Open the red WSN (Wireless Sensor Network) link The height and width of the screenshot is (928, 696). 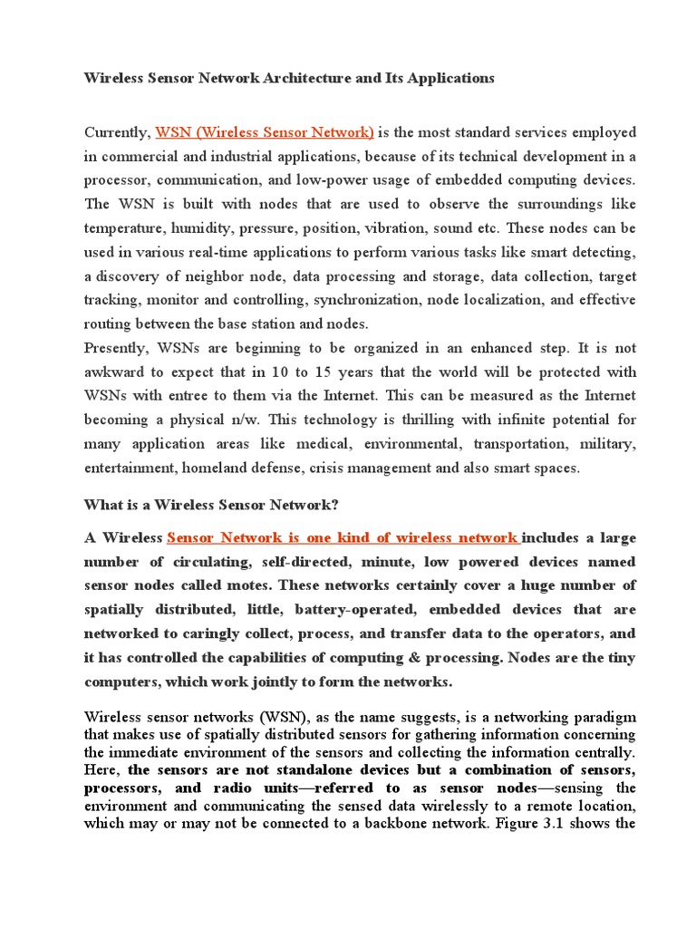point(266,132)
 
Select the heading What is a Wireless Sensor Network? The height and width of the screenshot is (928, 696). point(211,505)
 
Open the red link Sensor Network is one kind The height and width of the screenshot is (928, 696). point(343,538)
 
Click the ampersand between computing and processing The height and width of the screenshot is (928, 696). point(376,656)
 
